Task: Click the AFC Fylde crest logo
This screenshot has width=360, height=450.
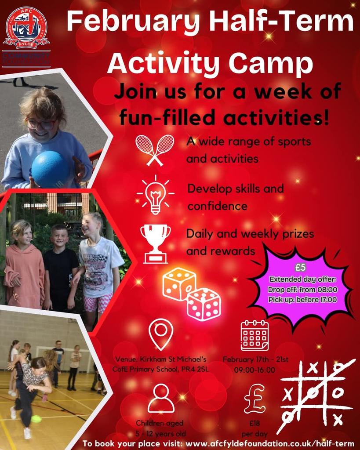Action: (26, 29)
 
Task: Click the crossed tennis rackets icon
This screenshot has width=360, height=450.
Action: (154, 150)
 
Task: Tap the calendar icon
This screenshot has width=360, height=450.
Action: (255, 335)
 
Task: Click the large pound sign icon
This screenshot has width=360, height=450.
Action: (255, 399)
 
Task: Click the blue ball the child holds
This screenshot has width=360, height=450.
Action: (50, 169)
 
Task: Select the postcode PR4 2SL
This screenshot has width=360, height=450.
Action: (193, 369)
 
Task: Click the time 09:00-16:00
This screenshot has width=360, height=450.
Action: (255, 370)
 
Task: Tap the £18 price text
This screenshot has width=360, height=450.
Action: (255, 424)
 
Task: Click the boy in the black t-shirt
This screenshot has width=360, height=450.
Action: (60, 266)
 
